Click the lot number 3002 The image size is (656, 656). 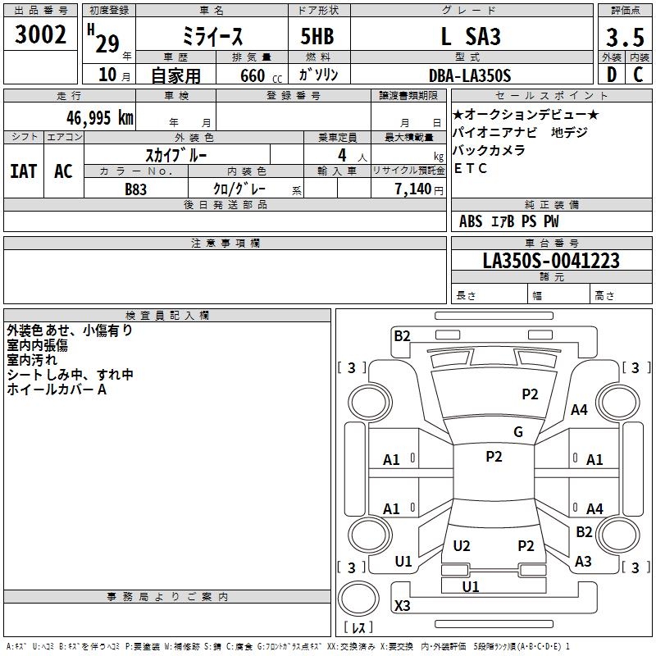[x=40, y=34]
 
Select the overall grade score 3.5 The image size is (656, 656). [x=625, y=37]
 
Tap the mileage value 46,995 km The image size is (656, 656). [x=99, y=118]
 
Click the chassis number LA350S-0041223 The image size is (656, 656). [x=551, y=261]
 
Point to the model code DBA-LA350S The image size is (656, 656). [x=470, y=75]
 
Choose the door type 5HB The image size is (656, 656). [x=317, y=36]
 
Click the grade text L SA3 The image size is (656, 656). [x=471, y=36]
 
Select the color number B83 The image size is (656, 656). [x=135, y=189]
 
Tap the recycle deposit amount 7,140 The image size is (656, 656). [x=413, y=189]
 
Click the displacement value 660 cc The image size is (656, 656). [x=261, y=76]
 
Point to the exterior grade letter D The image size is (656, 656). [x=612, y=75]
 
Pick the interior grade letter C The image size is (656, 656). [x=638, y=75]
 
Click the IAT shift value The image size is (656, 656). [x=24, y=171]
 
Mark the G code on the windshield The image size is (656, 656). [x=518, y=431]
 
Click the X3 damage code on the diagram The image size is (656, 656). [x=402, y=605]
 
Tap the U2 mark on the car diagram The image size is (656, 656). [x=462, y=545]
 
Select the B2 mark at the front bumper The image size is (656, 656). [x=402, y=336]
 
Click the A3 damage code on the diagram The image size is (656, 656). [x=583, y=561]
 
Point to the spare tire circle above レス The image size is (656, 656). [x=358, y=598]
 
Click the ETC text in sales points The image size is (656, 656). [x=470, y=168]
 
